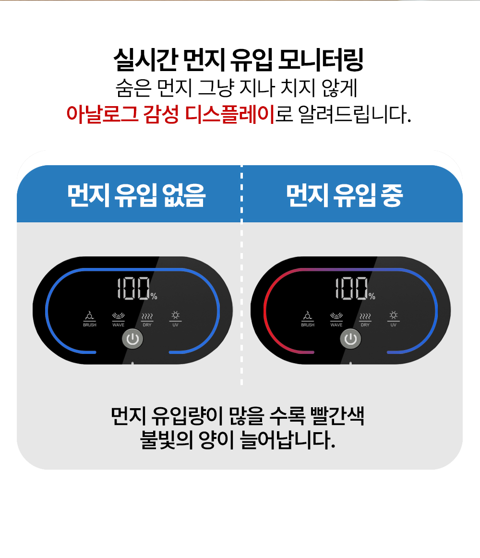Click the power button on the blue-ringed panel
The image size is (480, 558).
(x=133, y=340)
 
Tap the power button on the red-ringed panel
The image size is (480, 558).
(x=351, y=340)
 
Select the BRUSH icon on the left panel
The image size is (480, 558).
(x=89, y=316)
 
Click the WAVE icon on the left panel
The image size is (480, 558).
(x=118, y=316)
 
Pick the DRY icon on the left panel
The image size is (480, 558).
(x=147, y=316)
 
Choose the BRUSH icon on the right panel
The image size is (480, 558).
(x=308, y=316)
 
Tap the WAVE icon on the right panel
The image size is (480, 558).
(x=336, y=316)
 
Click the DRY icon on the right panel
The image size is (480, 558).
(x=365, y=316)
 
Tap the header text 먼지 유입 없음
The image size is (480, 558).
(x=136, y=194)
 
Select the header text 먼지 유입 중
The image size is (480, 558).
(x=344, y=194)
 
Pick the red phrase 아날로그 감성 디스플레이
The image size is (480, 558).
(x=170, y=114)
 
